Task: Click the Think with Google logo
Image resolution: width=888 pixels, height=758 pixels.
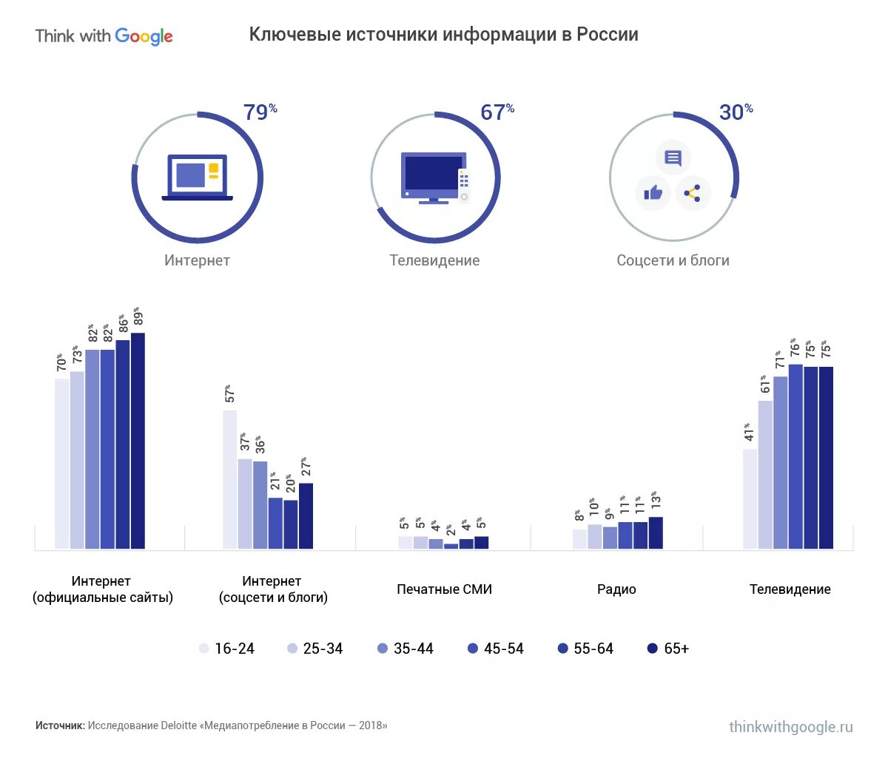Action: click(x=104, y=36)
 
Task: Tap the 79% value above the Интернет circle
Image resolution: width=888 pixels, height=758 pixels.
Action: click(x=260, y=112)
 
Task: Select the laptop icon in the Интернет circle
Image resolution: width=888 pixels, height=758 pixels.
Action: click(x=197, y=177)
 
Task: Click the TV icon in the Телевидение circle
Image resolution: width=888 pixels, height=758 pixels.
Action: click(x=434, y=178)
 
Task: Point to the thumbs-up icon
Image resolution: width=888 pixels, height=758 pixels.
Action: click(x=653, y=194)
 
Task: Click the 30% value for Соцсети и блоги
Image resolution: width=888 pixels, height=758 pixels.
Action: click(x=736, y=112)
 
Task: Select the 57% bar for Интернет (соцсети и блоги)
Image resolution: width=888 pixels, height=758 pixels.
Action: click(x=230, y=479)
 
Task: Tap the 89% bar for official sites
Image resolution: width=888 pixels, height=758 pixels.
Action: click(x=138, y=441)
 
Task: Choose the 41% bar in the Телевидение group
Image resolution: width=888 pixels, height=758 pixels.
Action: click(x=750, y=498)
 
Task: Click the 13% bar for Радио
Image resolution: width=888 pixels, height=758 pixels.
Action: click(x=655, y=532)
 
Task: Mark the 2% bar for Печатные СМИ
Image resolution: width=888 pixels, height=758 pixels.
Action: click(x=451, y=546)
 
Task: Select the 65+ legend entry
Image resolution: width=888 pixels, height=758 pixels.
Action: click(x=668, y=649)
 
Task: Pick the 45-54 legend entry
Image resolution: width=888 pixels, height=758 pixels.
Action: click(x=496, y=649)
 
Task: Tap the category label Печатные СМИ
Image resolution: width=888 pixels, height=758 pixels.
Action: click(x=444, y=589)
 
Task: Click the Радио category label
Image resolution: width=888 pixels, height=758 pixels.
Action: click(x=616, y=589)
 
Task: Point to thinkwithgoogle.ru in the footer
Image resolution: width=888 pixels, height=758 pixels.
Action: click(x=790, y=727)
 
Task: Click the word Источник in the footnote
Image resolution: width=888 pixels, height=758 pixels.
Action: click(x=59, y=725)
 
